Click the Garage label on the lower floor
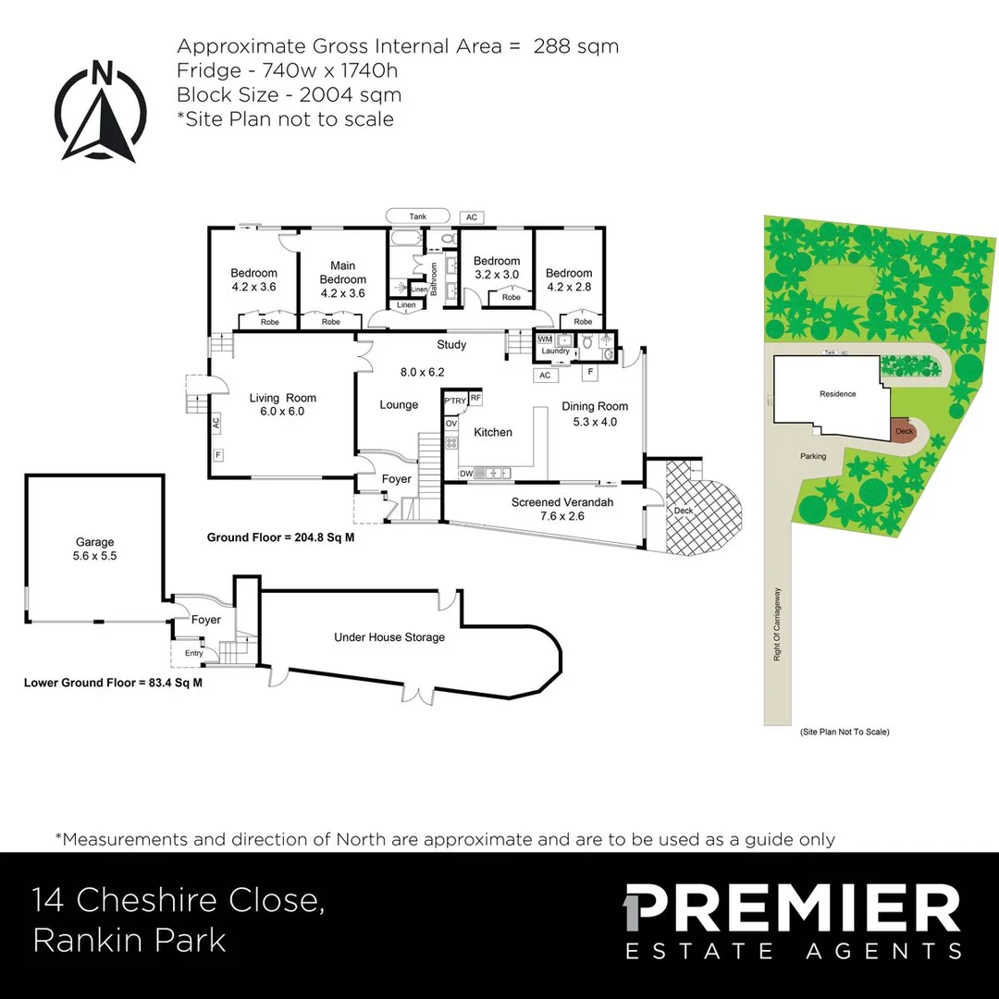coord(94,549)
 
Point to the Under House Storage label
coord(389,637)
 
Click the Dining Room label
coord(595,413)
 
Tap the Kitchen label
coord(492,432)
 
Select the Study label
coord(451,345)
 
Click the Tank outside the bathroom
coord(418,216)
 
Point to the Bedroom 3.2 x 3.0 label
coord(497,267)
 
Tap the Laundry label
coord(555,351)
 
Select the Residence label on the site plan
coord(837,394)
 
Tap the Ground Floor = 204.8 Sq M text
coord(280,537)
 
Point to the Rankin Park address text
coord(129,940)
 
